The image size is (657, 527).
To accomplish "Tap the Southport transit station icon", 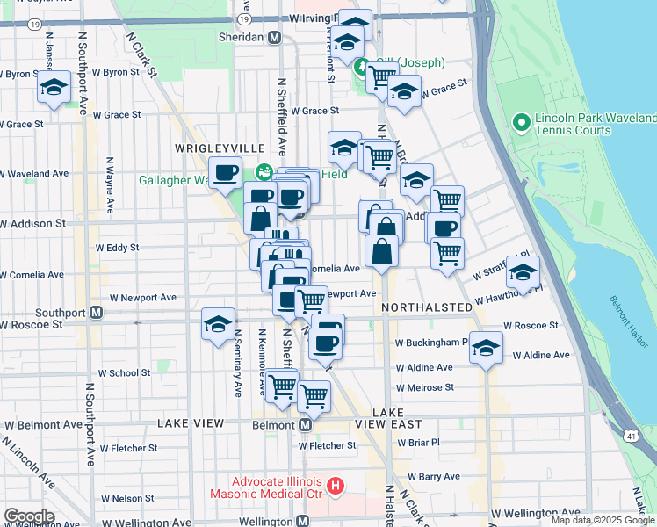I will tap(97, 312).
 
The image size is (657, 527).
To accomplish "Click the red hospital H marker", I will tap(334, 485).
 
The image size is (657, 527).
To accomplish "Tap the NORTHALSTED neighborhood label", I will tap(422, 307).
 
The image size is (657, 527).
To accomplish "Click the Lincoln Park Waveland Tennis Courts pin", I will tap(522, 120).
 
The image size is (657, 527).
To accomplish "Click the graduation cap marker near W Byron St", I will tap(54, 88).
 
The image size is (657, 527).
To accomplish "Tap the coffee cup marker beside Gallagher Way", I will tap(226, 173).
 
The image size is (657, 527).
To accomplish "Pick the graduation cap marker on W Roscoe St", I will tap(218, 324).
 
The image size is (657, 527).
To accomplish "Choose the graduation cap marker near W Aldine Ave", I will tap(486, 348).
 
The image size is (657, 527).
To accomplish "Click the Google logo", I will tap(29, 516).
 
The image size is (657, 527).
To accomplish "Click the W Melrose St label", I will tap(424, 387).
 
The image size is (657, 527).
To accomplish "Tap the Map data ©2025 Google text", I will tap(602, 520).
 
